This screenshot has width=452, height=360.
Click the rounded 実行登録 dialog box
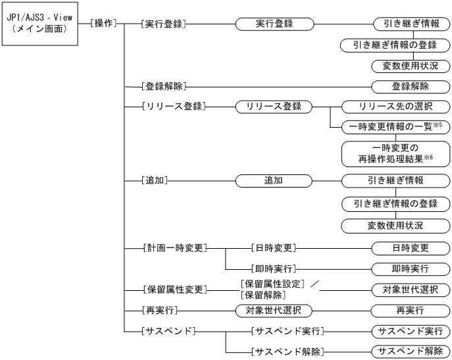click(273, 23)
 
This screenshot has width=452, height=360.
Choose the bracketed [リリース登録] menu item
click(172, 107)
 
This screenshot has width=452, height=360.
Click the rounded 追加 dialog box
click(273, 178)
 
